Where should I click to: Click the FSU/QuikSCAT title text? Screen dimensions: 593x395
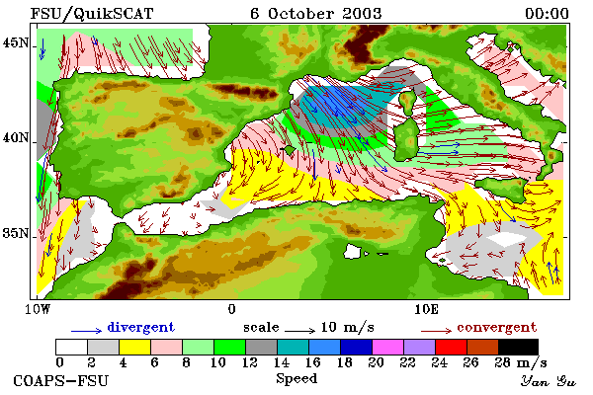tap(92, 14)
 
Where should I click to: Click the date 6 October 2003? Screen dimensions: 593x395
tap(316, 14)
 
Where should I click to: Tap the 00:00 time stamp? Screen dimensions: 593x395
tap(547, 14)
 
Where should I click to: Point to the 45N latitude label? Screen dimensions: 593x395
tap(16, 42)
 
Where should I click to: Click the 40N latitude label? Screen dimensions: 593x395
tap(16, 137)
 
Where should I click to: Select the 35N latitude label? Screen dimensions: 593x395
tap(16, 233)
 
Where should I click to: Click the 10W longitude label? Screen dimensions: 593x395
tap(38, 309)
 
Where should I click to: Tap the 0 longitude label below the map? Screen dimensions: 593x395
tap(232, 309)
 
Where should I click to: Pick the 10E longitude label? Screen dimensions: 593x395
tap(427, 309)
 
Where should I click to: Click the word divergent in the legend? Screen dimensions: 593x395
tap(141, 327)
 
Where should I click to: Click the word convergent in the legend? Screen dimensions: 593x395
tap(496, 327)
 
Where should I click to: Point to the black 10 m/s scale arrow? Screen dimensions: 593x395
tap(299, 331)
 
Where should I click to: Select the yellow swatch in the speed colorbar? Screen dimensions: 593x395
tap(134, 347)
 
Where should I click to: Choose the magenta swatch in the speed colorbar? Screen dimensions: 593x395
tap(388, 347)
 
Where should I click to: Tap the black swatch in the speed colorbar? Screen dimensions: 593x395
tap(518, 347)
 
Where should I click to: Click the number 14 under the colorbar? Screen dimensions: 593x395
tap(282, 362)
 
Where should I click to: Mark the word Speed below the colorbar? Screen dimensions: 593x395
tap(296, 379)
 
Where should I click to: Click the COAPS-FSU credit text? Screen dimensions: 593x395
tap(61, 380)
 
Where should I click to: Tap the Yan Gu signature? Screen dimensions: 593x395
tap(549, 381)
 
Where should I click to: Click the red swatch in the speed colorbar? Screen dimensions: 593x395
tap(452, 347)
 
